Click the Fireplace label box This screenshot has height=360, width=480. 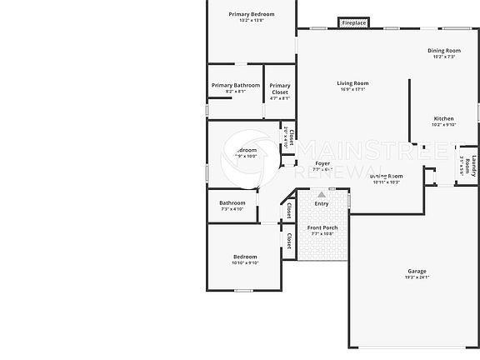click(354, 23)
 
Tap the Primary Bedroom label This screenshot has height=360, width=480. click(251, 14)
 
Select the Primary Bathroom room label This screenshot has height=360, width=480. click(236, 85)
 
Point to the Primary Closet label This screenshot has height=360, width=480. click(280, 88)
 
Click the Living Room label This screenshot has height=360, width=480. click(352, 82)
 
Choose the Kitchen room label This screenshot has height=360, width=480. click(443, 118)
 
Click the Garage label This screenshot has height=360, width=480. click(417, 271)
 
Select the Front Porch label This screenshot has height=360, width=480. click(322, 227)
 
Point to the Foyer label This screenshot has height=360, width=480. click(322, 163)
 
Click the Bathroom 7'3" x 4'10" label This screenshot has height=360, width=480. click(232, 202)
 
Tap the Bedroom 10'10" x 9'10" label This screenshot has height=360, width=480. click(245, 257)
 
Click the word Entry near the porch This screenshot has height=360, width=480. click(322, 203)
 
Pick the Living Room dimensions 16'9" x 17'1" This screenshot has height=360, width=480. click(352, 90)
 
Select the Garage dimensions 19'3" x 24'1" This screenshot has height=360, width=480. click(417, 277)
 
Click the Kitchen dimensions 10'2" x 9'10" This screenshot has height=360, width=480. click(443, 125)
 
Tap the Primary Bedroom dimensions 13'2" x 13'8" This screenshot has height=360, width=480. click(251, 21)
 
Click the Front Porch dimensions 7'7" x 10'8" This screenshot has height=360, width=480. click(322, 234)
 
